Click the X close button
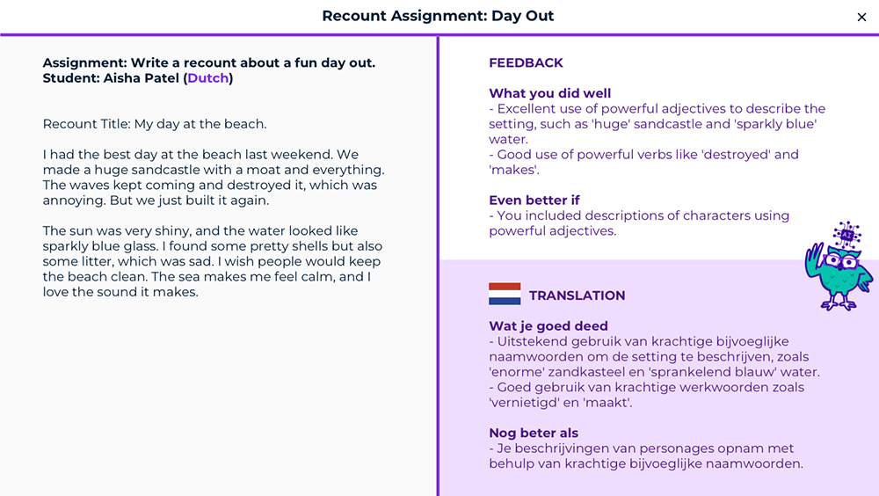tap(861, 18)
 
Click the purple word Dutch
tap(208, 78)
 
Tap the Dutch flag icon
tap(505, 294)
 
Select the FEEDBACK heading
tap(526, 62)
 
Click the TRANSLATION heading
tap(577, 295)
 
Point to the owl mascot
tap(838, 266)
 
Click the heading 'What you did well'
tap(550, 93)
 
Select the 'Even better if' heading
tap(534, 201)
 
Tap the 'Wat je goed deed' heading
tap(548, 326)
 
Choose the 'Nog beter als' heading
tap(534, 434)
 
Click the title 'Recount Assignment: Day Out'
tap(438, 16)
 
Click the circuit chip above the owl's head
tap(846, 235)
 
